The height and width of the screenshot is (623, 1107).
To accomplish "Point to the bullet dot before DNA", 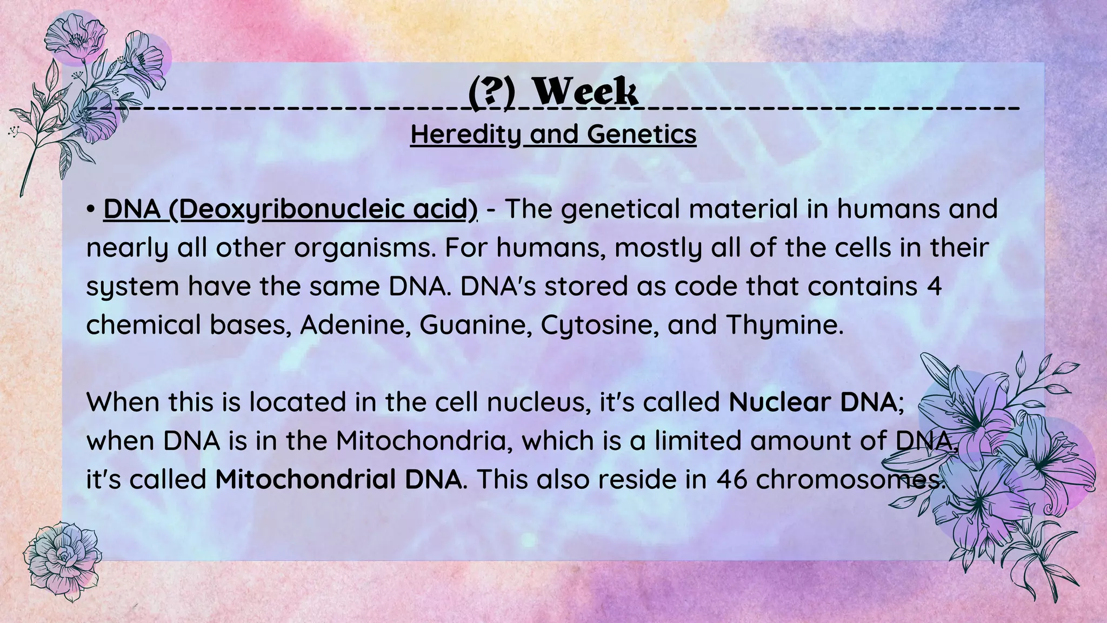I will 91,210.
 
